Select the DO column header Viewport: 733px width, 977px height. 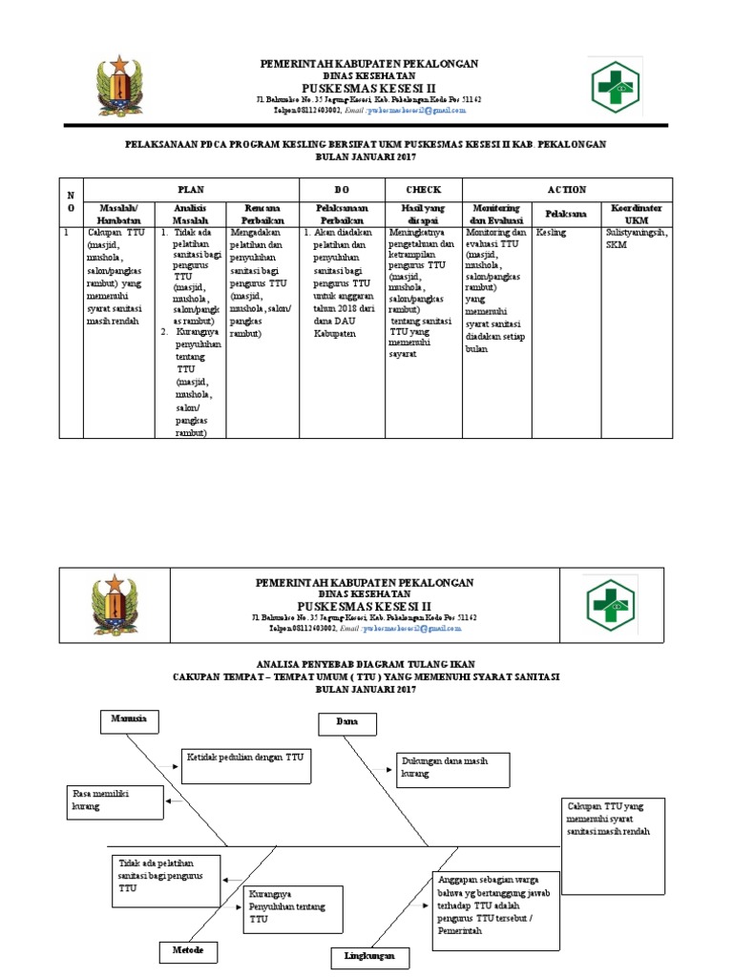click(343, 190)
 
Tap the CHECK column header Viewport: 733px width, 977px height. click(424, 190)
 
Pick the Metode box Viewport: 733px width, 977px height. click(187, 951)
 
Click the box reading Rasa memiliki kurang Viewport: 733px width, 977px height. click(115, 800)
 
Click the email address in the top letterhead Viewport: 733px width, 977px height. click(422, 110)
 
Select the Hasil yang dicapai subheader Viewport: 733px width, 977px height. click(424, 214)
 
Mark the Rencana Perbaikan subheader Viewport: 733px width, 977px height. click(261, 214)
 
